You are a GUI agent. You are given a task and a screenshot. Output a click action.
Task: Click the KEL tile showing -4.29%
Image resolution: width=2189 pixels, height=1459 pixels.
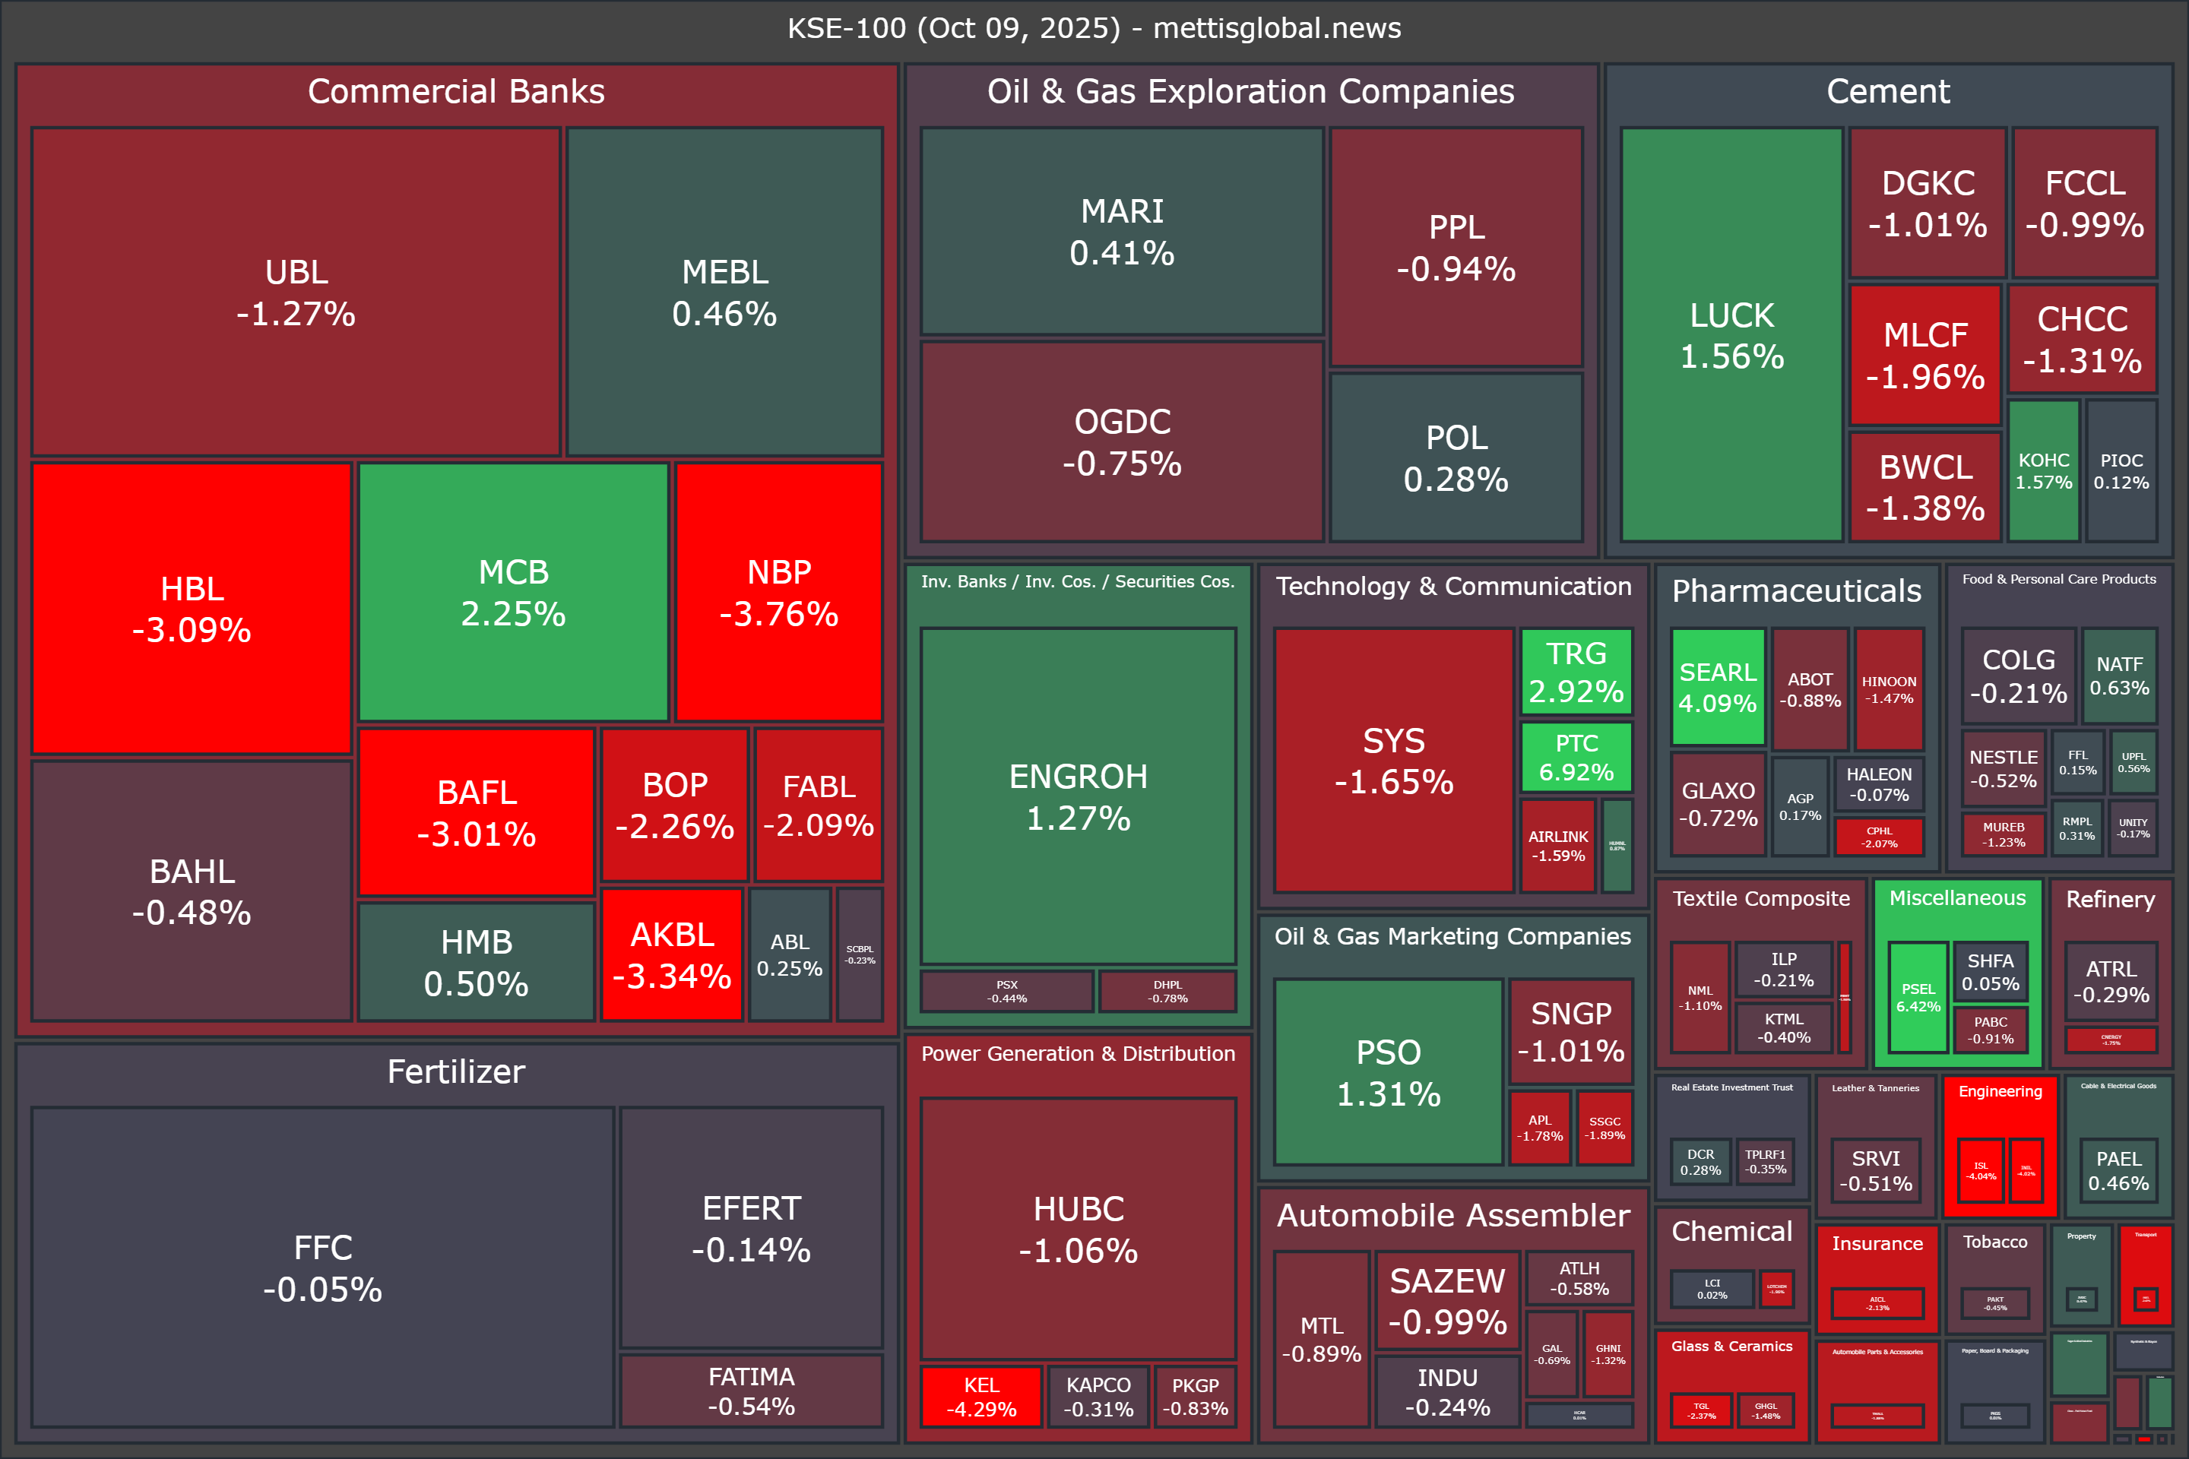click(981, 1396)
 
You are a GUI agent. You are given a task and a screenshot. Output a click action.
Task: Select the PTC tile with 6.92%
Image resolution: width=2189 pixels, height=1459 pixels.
click(1576, 758)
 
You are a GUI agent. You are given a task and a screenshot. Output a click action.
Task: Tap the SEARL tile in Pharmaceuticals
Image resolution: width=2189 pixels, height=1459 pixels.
click(1717, 687)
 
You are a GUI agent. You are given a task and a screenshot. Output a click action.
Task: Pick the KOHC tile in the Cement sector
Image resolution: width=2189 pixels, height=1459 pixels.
click(2043, 471)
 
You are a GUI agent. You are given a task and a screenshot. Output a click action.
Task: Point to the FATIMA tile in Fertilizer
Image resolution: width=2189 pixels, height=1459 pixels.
click(751, 1390)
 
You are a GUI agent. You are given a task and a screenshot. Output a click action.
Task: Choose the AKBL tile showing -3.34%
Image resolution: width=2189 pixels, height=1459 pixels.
click(671, 954)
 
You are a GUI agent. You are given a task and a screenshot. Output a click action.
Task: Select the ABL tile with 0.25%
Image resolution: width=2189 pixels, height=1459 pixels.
click(789, 954)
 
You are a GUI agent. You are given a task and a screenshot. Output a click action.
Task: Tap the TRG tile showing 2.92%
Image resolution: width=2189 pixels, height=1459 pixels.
click(1576, 672)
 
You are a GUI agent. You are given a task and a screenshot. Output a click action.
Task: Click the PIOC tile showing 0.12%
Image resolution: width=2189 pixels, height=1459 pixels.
click(2121, 471)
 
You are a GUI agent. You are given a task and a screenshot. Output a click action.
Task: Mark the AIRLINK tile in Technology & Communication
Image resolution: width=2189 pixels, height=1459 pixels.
click(1557, 846)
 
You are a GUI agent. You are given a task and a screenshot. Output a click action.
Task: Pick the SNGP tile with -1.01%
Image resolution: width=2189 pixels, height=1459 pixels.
click(1570, 1031)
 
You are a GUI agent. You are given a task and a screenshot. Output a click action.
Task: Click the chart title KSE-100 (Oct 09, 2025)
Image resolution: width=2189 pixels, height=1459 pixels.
click(1094, 28)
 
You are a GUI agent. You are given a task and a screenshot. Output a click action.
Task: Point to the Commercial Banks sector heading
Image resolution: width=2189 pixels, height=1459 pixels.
click(456, 91)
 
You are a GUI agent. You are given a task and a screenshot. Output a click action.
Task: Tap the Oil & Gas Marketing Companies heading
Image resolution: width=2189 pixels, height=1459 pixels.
click(1452, 936)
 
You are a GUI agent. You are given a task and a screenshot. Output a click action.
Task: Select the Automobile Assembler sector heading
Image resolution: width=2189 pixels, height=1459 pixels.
click(1452, 1215)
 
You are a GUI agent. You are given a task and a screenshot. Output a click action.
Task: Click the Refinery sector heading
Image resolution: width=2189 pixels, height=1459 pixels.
click(2110, 899)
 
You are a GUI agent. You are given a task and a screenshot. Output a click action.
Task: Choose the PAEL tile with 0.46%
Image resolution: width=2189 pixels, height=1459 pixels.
click(2118, 1170)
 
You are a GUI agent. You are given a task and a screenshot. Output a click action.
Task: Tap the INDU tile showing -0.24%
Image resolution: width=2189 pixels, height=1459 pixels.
click(1447, 1391)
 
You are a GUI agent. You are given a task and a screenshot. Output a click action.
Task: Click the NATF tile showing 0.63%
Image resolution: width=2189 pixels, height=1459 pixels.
click(2119, 676)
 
